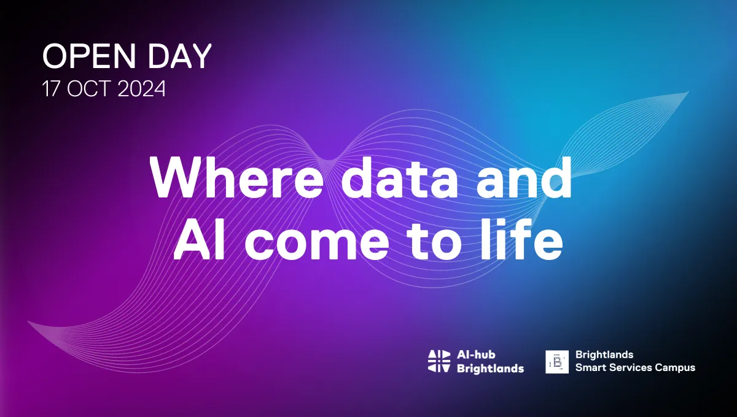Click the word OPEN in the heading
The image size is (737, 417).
89,56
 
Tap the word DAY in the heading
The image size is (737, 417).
179,56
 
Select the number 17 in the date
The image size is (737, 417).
50,89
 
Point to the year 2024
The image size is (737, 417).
141,89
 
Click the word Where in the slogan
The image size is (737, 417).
236,177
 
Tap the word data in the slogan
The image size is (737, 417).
399,177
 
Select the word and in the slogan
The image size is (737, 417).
524,177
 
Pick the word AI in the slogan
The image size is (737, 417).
200,239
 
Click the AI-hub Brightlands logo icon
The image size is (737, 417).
439,361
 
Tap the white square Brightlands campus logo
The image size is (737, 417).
557,361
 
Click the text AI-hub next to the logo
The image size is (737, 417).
476,354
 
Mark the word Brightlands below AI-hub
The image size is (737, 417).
490,369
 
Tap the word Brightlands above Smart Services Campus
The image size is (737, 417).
604,355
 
